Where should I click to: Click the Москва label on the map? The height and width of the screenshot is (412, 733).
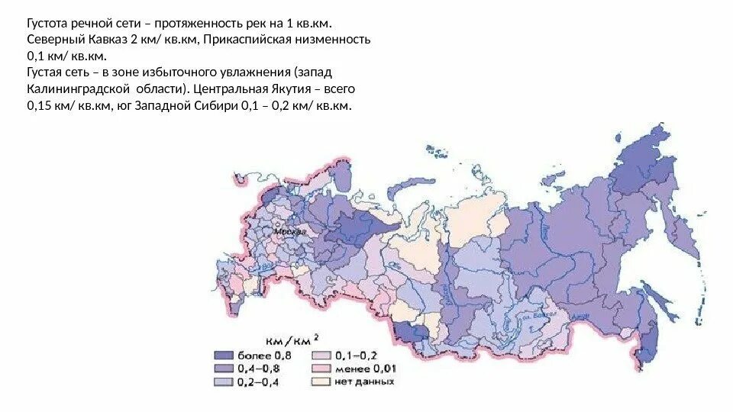(291, 230)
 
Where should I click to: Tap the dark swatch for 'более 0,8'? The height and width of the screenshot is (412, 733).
(223, 355)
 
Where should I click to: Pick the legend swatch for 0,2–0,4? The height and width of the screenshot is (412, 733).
(223, 381)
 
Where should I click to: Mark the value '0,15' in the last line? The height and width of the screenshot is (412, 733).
(40, 107)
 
